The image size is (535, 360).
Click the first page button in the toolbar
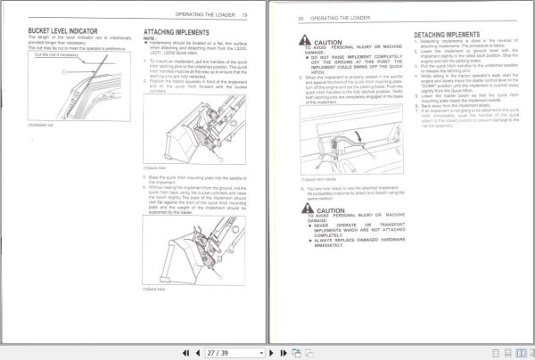pyautogui.click(x=187, y=353)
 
